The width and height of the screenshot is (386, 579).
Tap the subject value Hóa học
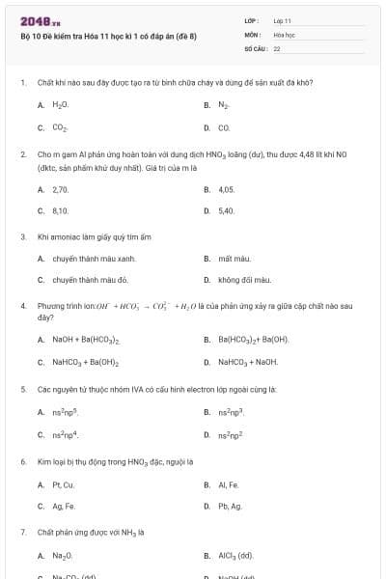pyautogui.click(x=283, y=34)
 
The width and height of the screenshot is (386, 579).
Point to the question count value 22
pyautogui.click(x=277, y=47)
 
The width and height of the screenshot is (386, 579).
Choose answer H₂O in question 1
pyautogui.click(x=60, y=103)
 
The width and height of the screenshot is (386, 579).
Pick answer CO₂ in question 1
pyautogui.click(x=60, y=126)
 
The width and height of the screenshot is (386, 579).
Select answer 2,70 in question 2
pyautogui.click(x=60, y=190)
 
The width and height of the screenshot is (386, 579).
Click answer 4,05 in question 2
pyautogui.click(x=227, y=190)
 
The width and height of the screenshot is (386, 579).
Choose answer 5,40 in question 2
pyautogui.click(x=227, y=210)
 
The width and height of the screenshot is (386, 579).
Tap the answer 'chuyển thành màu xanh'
pyautogui.click(x=94, y=259)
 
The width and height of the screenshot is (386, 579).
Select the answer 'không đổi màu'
pyautogui.click(x=244, y=280)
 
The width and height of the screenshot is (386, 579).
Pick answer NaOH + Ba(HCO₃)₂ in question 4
pyautogui.click(x=86, y=340)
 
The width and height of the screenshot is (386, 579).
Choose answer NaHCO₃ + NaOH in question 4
pyautogui.click(x=248, y=362)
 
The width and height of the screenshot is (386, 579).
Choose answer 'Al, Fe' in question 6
pyautogui.click(x=228, y=484)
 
